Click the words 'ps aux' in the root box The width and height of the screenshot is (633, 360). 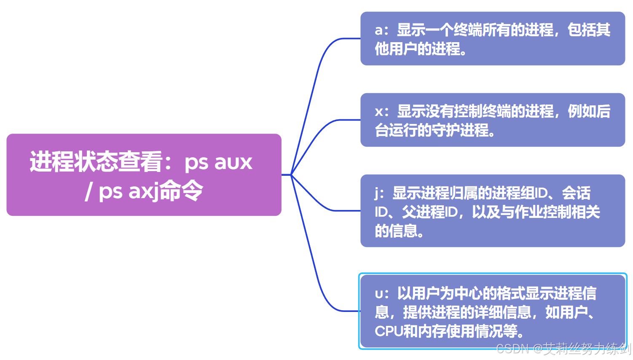point(218,162)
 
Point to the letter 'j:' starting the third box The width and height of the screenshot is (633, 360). point(379,193)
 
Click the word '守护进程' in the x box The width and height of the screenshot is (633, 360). point(460,130)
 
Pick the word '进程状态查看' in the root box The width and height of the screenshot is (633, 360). point(96,162)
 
